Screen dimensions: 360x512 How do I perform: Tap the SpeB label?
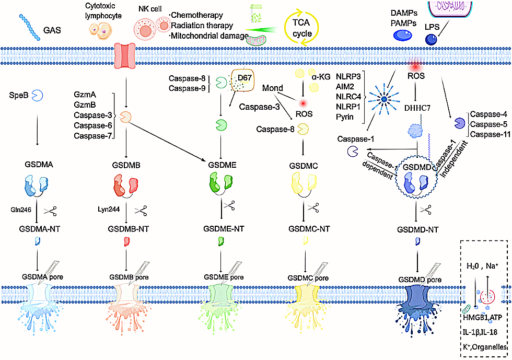tap(17, 96)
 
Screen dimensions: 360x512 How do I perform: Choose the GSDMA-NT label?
tap(37, 228)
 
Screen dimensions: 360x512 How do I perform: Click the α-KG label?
tap(322, 76)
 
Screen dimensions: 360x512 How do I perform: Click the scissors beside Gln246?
tap(51, 211)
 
